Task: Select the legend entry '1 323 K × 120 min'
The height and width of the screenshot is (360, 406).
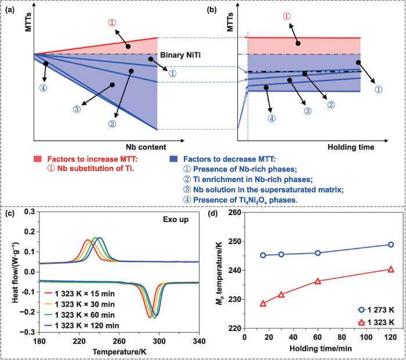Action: coord(85,325)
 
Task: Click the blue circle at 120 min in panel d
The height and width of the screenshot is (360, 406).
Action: coord(390,245)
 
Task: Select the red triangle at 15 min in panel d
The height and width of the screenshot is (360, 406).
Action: coord(263,303)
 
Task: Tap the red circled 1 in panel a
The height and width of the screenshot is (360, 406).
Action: coord(113,23)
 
